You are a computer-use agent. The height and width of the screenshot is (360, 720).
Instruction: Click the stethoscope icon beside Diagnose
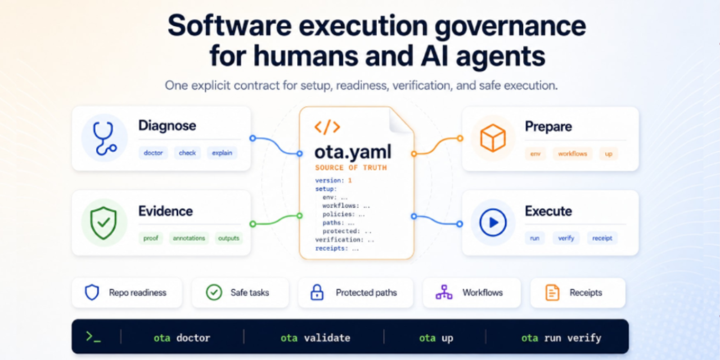(x=105, y=138)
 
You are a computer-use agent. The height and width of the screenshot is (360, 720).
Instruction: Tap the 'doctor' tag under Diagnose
(x=153, y=153)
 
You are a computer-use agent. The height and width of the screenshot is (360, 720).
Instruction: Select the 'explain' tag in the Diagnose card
(x=222, y=153)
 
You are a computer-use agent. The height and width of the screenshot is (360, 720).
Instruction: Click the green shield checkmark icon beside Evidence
(x=103, y=223)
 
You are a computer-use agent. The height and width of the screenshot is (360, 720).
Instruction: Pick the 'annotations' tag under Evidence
(x=188, y=238)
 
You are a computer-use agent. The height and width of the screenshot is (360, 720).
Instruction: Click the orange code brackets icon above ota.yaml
(x=327, y=127)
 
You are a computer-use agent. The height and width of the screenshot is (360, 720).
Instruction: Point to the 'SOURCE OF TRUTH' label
(x=351, y=168)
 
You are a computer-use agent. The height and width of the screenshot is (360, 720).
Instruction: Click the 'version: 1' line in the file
(x=334, y=181)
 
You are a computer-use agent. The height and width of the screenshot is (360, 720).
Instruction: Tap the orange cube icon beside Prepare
(x=493, y=138)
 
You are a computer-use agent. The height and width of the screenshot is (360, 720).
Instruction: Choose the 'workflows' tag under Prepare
(x=573, y=154)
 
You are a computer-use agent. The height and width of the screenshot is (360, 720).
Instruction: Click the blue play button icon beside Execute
(x=493, y=222)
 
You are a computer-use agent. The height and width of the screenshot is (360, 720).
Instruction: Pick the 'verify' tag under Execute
(x=566, y=238)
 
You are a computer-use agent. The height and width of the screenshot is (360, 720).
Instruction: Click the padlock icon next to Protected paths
(x=317, y=292)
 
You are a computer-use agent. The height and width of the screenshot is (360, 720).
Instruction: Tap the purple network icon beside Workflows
(x=444, y=292)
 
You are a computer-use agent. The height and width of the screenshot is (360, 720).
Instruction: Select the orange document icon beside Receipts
(x=552, y=292)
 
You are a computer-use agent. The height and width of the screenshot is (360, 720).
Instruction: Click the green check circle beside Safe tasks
(x=214, y=292)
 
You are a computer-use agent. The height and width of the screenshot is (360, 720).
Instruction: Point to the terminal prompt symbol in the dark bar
(x=93, y=337)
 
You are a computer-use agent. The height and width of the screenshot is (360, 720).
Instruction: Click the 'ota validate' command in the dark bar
(x=316, y=338)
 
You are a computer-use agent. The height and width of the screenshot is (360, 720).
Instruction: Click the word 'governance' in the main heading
(x=510, y=26)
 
